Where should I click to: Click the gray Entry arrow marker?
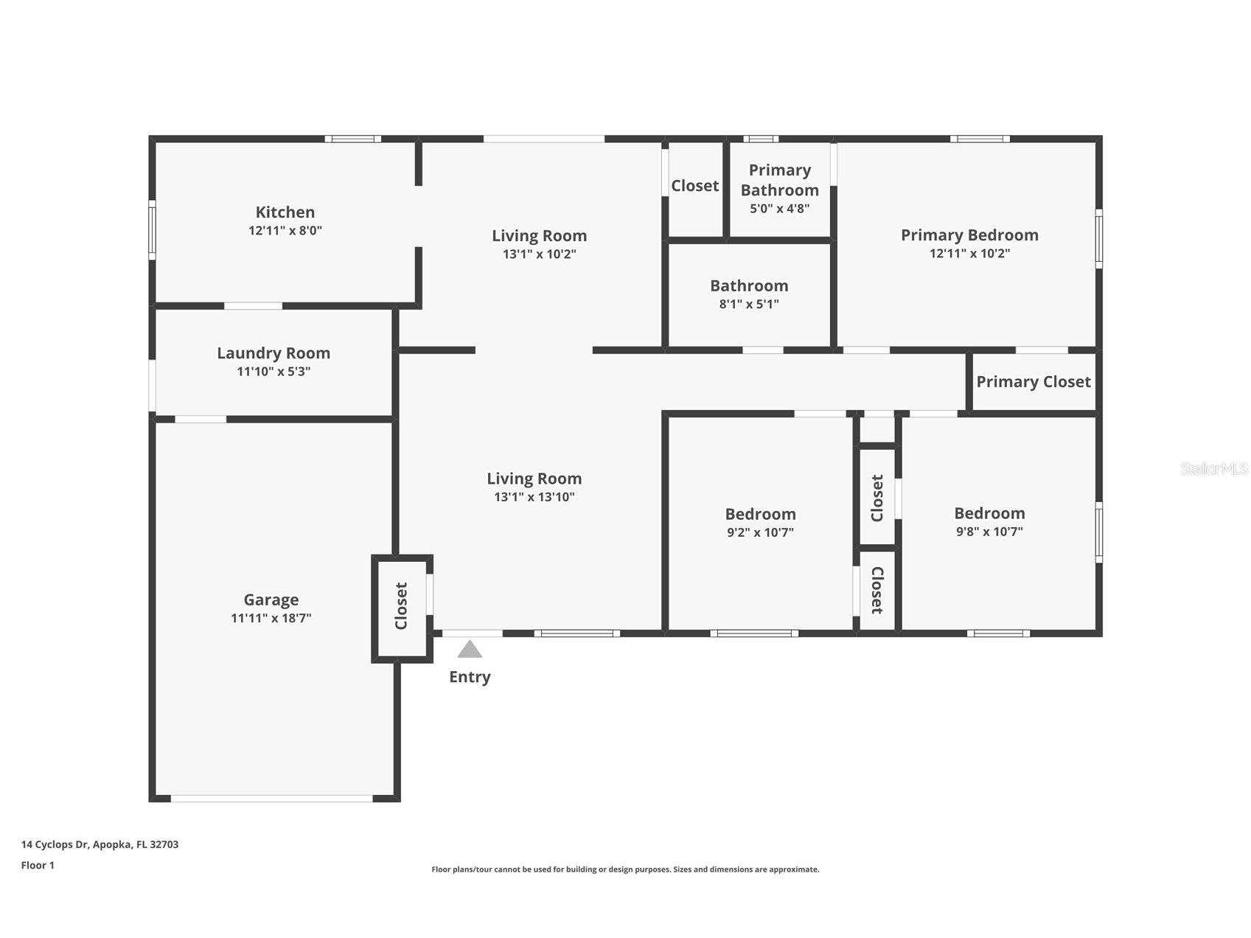click(470, 649)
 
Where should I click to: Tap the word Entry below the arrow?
click(470, 677)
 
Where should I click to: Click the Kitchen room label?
click(285, 212)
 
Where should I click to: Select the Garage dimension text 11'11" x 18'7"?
click(271, 618)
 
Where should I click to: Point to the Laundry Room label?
click(273, 353)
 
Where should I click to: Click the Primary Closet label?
click(1034, 382)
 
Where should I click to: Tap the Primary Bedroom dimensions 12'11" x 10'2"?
click(969, 253)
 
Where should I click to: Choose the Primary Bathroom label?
click(780, 180)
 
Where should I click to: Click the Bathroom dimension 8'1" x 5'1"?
click(749, 304)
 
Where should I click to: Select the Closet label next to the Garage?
click(401, 606)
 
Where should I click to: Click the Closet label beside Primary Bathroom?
click(694, 186)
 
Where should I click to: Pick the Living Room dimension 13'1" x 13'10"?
click(534, 497)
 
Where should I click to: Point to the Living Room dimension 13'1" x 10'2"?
click(540, 254)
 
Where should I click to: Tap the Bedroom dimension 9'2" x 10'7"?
click(760, 532)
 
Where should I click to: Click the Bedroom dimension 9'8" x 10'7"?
click(989, 531)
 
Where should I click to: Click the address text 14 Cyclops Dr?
click(55, 844)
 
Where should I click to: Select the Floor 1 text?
click(38, 865)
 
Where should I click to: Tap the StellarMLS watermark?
click(1214, 468)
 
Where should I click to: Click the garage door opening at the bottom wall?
click(272, 799)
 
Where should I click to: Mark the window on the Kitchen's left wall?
click(152, 229)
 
